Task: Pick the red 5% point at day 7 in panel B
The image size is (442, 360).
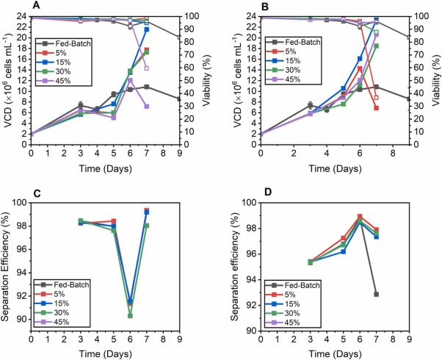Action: coord(377,108)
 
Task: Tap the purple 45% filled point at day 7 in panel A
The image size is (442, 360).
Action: coord(147,107)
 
